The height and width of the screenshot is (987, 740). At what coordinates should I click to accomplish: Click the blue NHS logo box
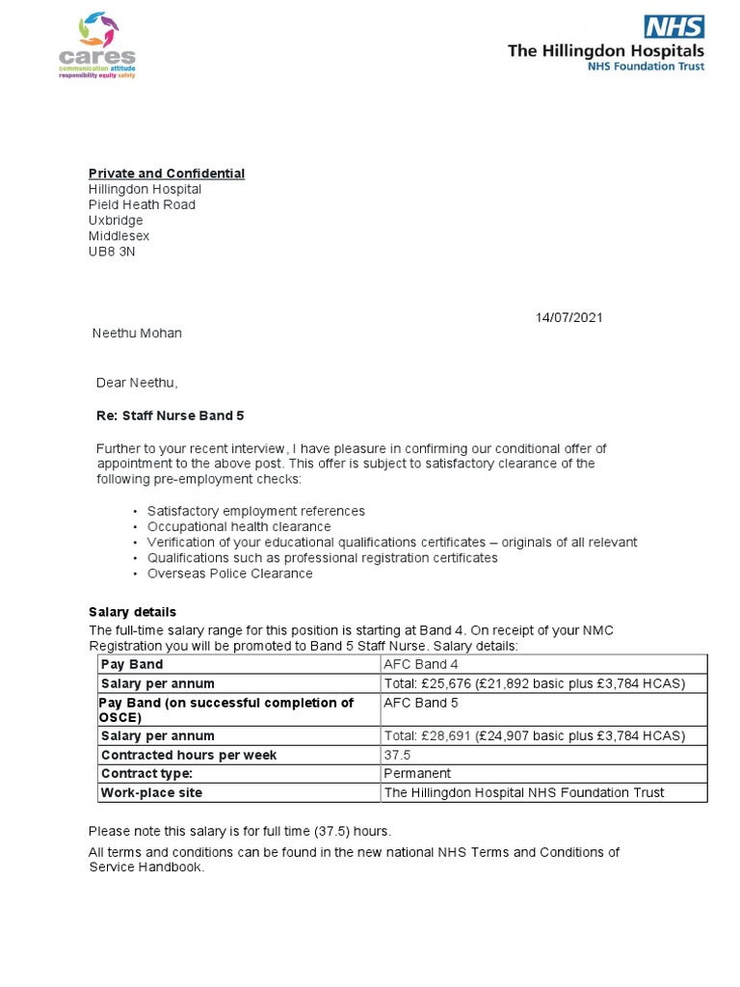click(x=674, y=26)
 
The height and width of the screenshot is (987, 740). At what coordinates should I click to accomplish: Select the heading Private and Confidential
click(x=167, y=173)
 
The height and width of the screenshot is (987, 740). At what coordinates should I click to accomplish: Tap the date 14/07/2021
click(x=569, y=318)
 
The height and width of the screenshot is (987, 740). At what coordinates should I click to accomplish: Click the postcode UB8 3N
click(x=112, y=252)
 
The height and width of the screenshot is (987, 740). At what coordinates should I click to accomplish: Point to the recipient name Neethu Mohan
click(x=136, y=333)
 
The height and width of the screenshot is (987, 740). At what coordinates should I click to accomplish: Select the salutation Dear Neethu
click(x=137, y=383)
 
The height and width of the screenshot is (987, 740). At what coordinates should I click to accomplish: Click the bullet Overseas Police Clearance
click(x=229, y=574)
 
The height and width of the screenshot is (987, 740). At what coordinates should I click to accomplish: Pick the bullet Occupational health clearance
click(x=238, y=527)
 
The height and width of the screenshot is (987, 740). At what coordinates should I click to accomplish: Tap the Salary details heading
click(x=132, y=612)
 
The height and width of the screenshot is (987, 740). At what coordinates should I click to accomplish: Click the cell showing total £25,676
click(x=534, y=683)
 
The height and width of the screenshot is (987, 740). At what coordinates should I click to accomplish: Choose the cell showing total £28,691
click(x=534, y=735)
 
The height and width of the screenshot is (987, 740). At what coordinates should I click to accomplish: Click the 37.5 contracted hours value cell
click(x=398, y=755)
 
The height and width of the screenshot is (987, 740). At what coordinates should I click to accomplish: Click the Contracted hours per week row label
click(x=188, y=755)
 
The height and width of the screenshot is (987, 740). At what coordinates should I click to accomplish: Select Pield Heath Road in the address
click(x=142, y=205)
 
